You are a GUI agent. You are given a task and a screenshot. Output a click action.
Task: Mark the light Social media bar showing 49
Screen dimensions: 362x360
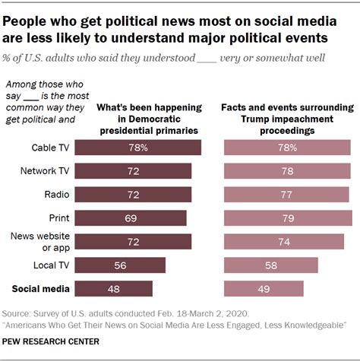point(264,289)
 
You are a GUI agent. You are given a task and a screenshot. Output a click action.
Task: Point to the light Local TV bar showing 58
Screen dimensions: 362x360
point(270,265)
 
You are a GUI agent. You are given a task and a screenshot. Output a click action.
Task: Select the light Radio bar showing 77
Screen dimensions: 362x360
point(286,194)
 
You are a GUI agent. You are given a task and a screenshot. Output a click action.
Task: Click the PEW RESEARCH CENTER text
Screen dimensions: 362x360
point(51,341)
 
